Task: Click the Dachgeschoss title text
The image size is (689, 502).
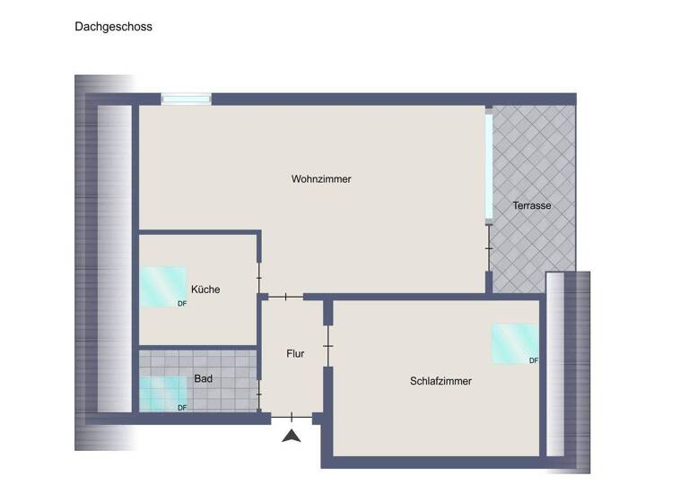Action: pyautogui.click(x=113, y=27)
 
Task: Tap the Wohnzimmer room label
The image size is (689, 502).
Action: pyautogui.click(x=321, y=179)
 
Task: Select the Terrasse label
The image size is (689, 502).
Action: pyautogui.click(x=531, y=205)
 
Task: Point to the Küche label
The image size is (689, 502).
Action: pyautogui.click(x=205, y=290)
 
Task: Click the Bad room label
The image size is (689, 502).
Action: pyautogui.click(x=204, y=379)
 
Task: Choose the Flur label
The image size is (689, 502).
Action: pyautogui.click(x=295, y=353)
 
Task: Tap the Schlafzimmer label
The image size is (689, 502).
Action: pyautogui.click(x=440, y=381)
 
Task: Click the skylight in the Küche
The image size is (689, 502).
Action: pyautogui.click(x=162, y=286)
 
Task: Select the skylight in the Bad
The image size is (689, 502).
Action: pyautogui.click(x=162, y=393)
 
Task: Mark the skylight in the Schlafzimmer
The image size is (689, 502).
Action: pyautogui.click(x=514, y=343)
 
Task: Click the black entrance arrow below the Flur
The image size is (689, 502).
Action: pyautogui.click(x=291, y=437)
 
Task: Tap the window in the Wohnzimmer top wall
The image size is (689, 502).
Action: pyautogui.click(x=186, y=99)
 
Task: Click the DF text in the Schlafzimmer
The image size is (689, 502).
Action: pyautogui.click(x=534, y=360)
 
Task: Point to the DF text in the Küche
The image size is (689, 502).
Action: pyautogui.click(x=182, y=303)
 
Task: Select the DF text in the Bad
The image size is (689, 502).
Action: pyautogui.click(x=182, y=408)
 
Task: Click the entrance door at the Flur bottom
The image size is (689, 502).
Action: pyautogui.click(x=292, y=417)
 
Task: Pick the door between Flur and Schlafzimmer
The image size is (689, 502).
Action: pyautogui.click(x=328, y=345)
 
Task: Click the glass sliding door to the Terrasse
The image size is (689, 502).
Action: pyautogui.click(x=489, y=166)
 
